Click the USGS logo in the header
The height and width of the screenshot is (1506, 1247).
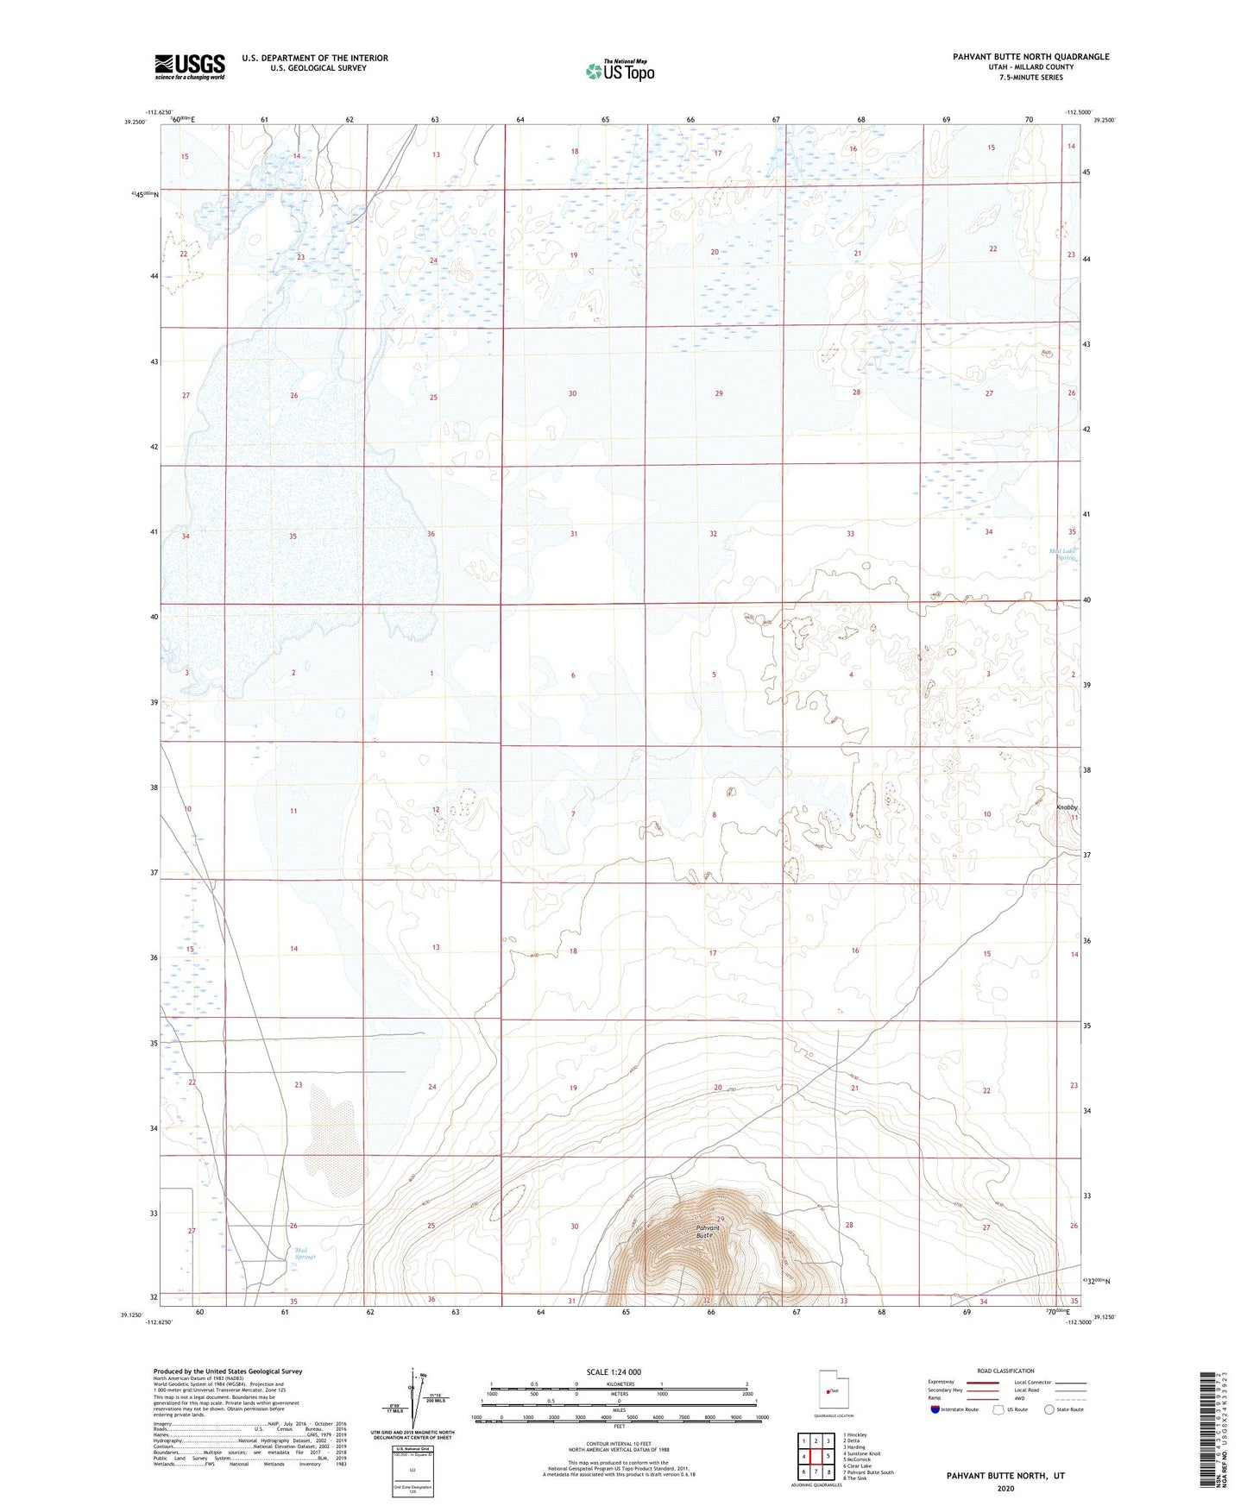(190, 66)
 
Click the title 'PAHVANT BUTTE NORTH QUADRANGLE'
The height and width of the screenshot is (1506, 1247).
(1030, 57)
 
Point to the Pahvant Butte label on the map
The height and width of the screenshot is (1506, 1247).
(709, 1232)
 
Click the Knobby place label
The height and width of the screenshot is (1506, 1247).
(1067, 807)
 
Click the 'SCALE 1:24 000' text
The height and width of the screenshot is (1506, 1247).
(613, 1372)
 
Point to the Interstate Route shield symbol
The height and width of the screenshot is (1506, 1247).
(936, 1409)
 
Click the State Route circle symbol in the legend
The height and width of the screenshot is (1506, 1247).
(1049, 1409)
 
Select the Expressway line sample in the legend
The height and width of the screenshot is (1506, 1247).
(982, 1382)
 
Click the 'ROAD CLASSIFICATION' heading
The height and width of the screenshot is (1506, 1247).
(1005, 1371)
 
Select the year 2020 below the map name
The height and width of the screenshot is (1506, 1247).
(1005, 1489)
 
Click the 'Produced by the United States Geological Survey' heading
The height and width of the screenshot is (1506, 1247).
(228, 1371)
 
